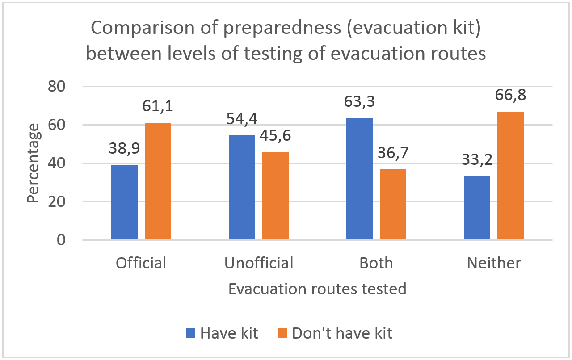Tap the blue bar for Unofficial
tap(242, 188)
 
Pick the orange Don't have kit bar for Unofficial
tap(275, 196)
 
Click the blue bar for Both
tap(359, 179)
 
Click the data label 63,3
tap(359, 102)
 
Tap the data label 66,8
tap(510, 95)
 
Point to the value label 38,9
tap(124, 149)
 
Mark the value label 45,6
tap(275, 136)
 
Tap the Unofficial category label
tap(259, 263)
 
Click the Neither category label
tap(494, 263)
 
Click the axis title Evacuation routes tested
tap(317, 289)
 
